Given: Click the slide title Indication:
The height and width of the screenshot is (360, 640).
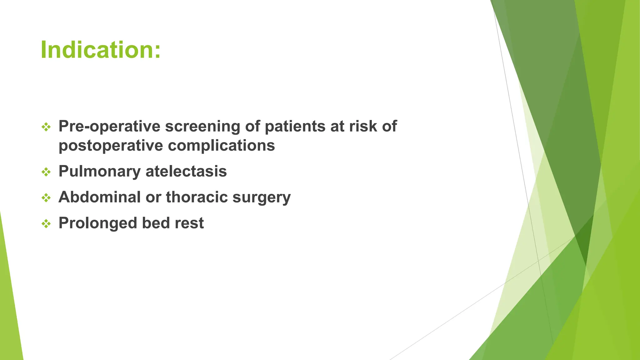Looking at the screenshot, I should pyautogui.click(x=100, y=50).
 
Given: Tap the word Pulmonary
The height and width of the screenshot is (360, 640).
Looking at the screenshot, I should pyautogui.click(x=99, y=172).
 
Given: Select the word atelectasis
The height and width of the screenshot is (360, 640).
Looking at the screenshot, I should pyautogui.click(x=186, y=172).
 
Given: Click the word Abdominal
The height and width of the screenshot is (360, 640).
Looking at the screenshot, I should pyautogui.click(x=99, y=197).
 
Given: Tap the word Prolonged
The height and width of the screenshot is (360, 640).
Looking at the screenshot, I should pyautogui.click(x=97, y=223).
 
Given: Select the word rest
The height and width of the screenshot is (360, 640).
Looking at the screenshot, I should pyautogui.click(x=189, y=223).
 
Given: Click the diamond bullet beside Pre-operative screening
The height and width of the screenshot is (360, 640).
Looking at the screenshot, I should pyautogui.click(x=46, y=127).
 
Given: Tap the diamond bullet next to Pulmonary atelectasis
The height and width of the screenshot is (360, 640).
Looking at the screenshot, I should pyautogui.click(x=46, y=172).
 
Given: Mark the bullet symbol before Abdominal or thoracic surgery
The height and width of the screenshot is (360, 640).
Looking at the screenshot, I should pyautogui.click(x=46, y=197).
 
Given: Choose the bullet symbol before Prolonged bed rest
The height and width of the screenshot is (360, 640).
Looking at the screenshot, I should pyautogui.click(x=46, y=223).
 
